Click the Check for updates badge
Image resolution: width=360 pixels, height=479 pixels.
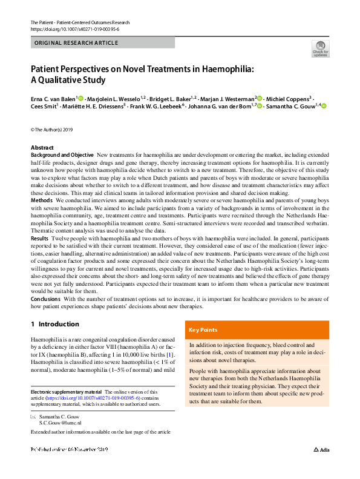coord(319,48)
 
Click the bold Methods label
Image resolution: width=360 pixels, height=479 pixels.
coord(41,199)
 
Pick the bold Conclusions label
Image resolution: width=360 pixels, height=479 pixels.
coord(46,299)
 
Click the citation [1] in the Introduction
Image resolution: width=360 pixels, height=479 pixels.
coord(171,354)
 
